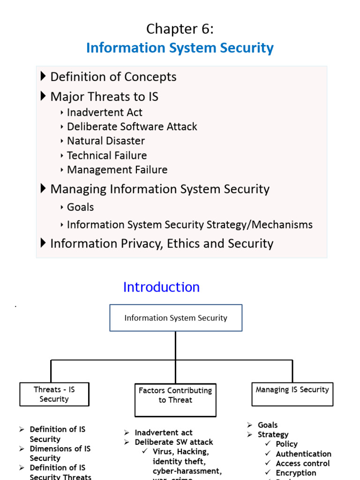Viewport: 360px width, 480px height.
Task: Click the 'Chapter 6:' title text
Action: click(180, 29)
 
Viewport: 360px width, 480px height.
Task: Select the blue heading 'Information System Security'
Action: click(180, 48)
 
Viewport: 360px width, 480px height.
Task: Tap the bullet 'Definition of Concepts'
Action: click(113, 77)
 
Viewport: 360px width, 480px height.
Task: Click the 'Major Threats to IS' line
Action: click(104, 97)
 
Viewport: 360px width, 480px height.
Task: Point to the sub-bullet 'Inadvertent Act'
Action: click(104, 112)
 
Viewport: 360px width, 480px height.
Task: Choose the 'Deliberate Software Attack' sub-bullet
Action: click(132, 127)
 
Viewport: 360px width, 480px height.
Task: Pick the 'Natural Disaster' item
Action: click(105, 141)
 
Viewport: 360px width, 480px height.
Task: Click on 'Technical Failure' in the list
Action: click(106, 156)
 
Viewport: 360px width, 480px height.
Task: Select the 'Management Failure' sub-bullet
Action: click(117, 170)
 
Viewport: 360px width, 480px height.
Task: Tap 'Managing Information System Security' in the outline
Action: click(159, 189)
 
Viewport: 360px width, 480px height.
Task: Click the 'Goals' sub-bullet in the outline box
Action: click(80, 207)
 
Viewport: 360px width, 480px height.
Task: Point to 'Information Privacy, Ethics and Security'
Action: click(161, 243)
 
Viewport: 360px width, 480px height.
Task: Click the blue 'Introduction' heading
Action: click(161, 287)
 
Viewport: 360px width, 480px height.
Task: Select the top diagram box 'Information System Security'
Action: click(176, 318)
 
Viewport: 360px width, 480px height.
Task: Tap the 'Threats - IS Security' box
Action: click(54, 394)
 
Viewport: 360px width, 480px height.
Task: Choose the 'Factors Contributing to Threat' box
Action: click(175, 395)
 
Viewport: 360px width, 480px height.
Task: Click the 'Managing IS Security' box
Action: click(292, 390)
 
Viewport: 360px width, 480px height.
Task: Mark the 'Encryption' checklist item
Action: click(296, 473)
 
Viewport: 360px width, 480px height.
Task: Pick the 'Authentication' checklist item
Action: click(303, 454)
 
